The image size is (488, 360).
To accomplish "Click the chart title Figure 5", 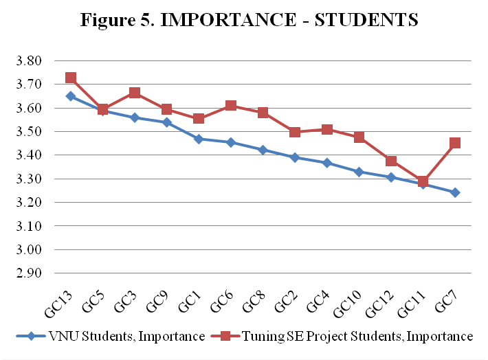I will coord(249,20).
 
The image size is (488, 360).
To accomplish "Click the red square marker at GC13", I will coord(71,78).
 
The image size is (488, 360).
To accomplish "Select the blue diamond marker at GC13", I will coord(71,96).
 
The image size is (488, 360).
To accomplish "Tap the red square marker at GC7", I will coord(455,144).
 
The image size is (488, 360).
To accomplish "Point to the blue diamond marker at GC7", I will coord(455,192).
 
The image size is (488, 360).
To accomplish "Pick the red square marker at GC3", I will coord(135,93).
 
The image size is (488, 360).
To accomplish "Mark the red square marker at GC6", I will coord(231,106).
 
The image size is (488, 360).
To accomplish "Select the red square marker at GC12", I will coord(391,161).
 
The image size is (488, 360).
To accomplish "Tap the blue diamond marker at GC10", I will coord(359,172).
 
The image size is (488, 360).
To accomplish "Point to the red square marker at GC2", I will coord(295,132).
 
